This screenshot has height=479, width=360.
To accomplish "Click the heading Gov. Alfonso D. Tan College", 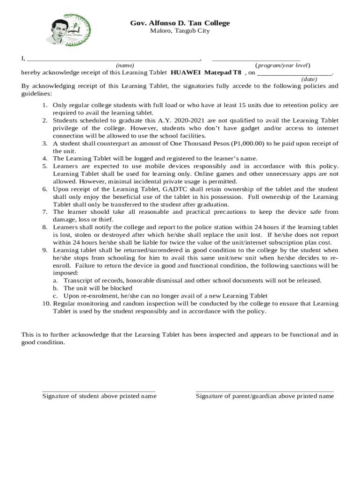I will [x=180, y=23].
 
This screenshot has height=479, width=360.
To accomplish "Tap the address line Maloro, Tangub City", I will [x=180, y=31].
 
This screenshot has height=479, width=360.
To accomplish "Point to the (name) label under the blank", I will [x=125, y=65].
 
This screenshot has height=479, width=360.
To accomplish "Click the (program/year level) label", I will [x=282, y=65].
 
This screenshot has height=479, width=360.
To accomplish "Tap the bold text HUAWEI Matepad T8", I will [x=206, y=73].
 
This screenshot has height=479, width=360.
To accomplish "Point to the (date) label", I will [x=309, y=80].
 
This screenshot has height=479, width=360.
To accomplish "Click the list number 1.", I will [x=44, y=106].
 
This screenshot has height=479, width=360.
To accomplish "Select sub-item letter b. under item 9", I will [x=55, y=288].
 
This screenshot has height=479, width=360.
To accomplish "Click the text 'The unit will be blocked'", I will [x=98, y=288].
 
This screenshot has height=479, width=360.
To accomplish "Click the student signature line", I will [x=99, y=391].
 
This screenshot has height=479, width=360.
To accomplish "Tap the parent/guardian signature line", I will [x=265, y=391].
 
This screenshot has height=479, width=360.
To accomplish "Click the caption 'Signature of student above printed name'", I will [x=99, y=396].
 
